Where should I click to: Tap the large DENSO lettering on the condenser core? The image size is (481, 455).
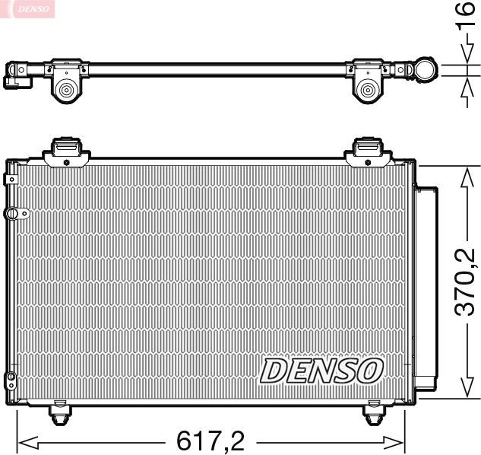321,371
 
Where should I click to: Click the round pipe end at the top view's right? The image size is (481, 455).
424,72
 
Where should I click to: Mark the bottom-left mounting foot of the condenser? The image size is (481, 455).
60,413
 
